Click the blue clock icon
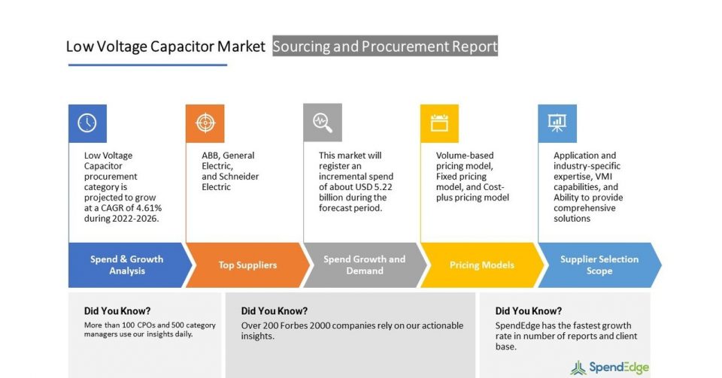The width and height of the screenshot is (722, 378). tap(87, 123)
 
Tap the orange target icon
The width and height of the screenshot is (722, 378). tap(205, 123)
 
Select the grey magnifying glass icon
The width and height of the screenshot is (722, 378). tap(323, 122)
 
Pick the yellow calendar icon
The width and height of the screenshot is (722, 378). tap(439, 123)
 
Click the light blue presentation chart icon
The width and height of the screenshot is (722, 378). tap(557, 123)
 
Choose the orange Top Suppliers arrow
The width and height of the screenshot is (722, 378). tap(247, 265)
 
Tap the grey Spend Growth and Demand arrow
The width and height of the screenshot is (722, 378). tap(366, 265)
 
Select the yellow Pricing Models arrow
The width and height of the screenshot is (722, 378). tap(482, 265)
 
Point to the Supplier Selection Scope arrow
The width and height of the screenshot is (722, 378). tap(599, 265)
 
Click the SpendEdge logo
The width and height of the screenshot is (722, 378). tap(610, 367)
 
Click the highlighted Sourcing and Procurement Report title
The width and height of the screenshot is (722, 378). tap(385, 46)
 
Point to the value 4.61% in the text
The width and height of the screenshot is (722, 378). tap(149, 208)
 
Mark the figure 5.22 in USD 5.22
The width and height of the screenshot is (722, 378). tap(382, 186)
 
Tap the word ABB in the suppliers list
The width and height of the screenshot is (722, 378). tap(210, 156)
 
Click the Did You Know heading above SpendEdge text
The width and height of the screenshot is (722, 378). tap(529, 311)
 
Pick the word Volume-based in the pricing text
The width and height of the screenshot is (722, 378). tap(465, 156)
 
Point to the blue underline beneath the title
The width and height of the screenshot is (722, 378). tap(148, 65)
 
